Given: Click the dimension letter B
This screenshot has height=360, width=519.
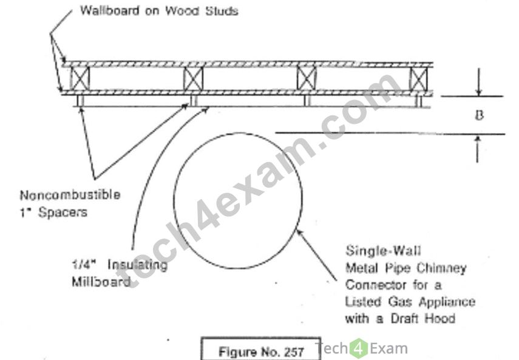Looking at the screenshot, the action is click(479, 115).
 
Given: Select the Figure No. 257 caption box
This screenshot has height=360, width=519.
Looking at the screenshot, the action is click(261, 348).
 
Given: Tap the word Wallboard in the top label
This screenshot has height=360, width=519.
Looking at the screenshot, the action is click(109, 10).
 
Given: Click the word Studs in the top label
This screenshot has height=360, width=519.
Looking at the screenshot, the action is click(222, 11).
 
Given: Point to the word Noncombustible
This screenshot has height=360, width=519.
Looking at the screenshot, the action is click(70, 195).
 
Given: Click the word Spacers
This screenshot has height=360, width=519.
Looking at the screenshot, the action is click(63, 212).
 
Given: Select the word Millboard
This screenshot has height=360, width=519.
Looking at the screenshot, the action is click(101, 282).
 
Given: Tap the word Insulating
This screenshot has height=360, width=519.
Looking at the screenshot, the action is click(137, 265).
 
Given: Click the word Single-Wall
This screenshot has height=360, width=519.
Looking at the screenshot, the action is click(383, 251).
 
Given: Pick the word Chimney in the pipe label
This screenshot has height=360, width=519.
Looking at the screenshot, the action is click(441, 268).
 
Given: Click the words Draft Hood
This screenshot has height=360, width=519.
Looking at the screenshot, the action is click(423, 318).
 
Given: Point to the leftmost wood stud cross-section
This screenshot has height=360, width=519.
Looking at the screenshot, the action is click(80, 78).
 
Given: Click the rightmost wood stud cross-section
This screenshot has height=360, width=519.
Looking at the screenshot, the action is click(418, 79).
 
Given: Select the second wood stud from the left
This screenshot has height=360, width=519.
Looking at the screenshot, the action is click(193, 78).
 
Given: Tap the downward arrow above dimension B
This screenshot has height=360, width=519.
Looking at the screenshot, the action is click(478, 82).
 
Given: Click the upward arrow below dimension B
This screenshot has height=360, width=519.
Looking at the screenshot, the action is click(477, 149).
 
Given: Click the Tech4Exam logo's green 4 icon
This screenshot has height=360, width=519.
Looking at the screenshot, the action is click(359, 348).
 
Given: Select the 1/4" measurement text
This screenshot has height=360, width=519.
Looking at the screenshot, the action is click(84, 264).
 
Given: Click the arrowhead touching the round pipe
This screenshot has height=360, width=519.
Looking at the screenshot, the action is click(299, 232).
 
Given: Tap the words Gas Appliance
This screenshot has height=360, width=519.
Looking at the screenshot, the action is click(432, 302).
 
